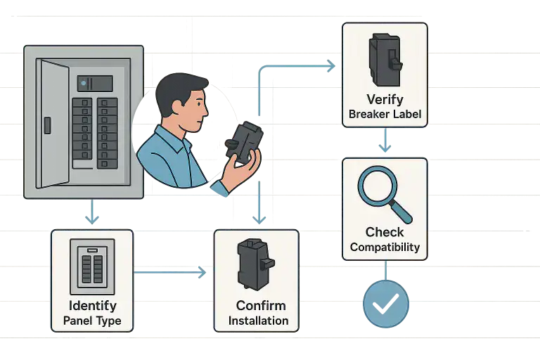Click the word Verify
(385, 100)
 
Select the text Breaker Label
(385, 114)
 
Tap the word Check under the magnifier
(385, 232)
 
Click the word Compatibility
(385, 247)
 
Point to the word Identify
(92, 306)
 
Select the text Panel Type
(92, 321)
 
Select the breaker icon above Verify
(384, 60)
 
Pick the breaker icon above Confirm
(255, 264)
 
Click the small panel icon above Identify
(92, 266)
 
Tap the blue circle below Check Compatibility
(385, 304)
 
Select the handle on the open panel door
(47, 125)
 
